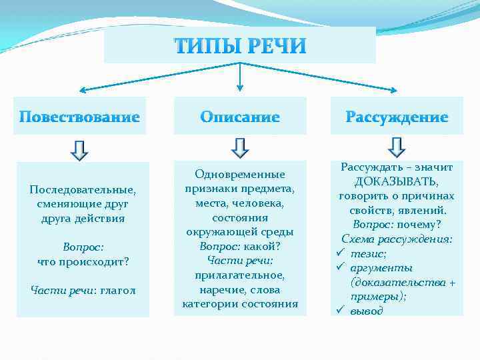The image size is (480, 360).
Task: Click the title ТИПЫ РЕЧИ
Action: pos(240,46)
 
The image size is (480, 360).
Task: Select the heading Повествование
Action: pos(79,117)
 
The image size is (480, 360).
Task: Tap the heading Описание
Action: pos(240,117)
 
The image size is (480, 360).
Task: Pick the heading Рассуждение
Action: pos(397,117)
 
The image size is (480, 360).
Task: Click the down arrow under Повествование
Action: pos(79,150)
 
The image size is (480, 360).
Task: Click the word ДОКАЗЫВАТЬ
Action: pos(397,181)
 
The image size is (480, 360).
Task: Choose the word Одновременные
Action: pos(240,174)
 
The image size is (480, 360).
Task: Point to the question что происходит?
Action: pos(83,261)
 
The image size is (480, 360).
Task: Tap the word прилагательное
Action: pos(240,275)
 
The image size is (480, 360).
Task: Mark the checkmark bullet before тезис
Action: pos(339,253)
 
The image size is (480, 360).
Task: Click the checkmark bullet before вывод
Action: pos(339,311)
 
